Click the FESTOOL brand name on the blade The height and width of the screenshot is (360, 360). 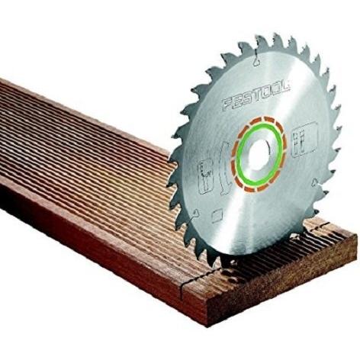coord(256,95)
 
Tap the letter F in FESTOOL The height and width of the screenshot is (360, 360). coord(228,104)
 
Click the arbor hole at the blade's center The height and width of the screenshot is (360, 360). coord(259,153)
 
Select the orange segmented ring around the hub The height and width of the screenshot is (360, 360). coord(259,154)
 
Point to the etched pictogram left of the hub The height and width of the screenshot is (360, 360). coord(205,176)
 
